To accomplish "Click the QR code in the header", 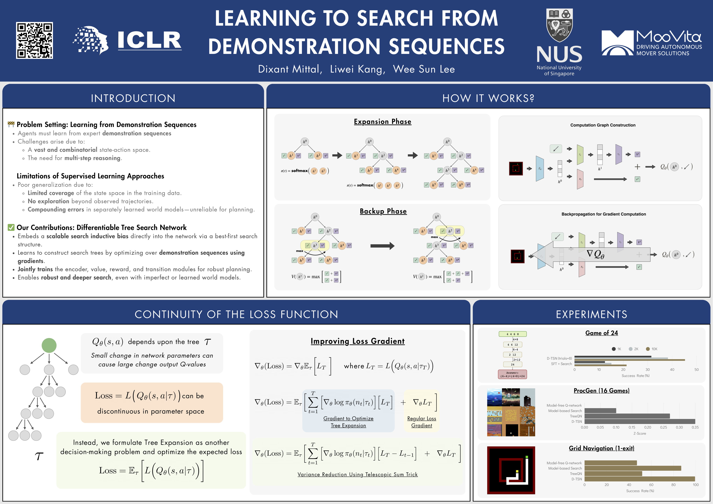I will click(34, 40).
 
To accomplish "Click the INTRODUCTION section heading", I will click(133, 98).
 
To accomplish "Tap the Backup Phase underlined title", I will click(383, 211).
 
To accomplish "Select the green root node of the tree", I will click(49, 345).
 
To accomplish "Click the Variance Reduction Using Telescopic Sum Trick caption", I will click(357, 474).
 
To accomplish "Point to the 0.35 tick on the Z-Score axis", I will click(695, 427).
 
